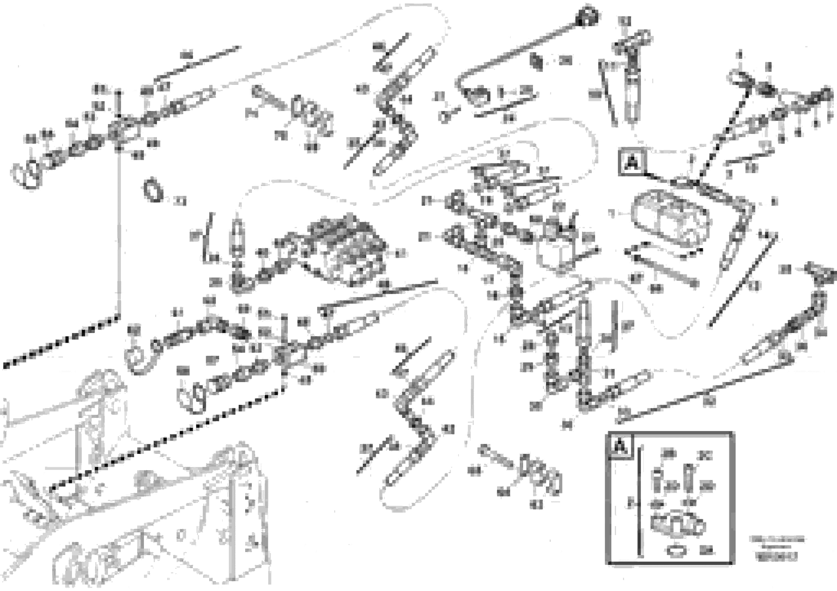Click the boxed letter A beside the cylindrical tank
[x=631, y=163]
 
